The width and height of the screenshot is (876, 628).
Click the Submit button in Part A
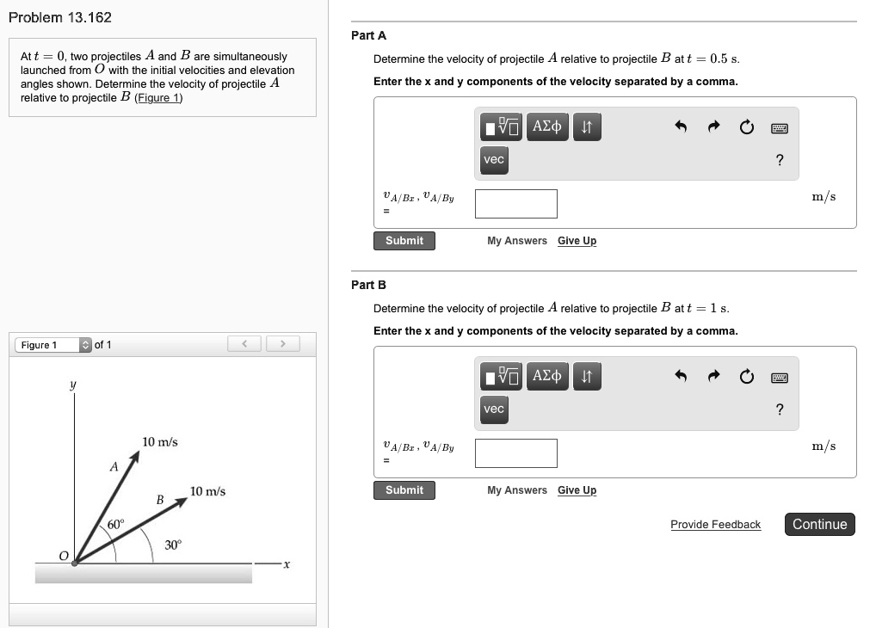click(404, 241)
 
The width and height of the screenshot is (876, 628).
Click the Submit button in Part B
click(404, 490)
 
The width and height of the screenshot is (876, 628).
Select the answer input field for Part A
click(515, 204)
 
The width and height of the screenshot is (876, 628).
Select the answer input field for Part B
click(515, 453)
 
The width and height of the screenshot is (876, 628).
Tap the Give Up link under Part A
click(577, 241)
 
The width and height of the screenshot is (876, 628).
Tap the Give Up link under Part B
click(577, 490)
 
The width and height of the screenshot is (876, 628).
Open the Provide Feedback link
click(715, 525)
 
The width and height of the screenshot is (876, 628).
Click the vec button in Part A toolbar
click(494, 160)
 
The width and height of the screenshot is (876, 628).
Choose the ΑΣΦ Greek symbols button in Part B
click(547, 376)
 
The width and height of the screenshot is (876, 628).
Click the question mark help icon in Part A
click(780, 160)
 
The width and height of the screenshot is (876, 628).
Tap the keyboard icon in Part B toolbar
click(780, 377)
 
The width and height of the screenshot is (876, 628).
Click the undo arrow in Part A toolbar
click(681, 127)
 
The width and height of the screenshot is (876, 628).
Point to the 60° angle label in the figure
click(116, 524)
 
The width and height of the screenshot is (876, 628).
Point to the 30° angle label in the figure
click(174, 545)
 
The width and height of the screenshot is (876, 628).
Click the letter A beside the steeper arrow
click(113, 467)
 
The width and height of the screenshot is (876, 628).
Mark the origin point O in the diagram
click(74, 563)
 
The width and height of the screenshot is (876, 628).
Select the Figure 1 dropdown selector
click(53, 345)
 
